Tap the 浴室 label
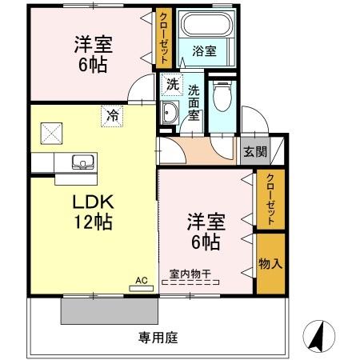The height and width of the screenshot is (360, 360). tap(204, 51)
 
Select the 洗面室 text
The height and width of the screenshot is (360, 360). tap(194, 102)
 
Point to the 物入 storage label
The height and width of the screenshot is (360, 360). tap(270, 263)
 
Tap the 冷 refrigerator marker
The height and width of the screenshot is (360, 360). tap(112, 117)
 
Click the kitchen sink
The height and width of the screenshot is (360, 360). tap(82, 162)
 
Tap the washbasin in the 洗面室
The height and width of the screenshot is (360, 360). tap(169, 113)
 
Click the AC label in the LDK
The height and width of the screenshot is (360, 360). tap(142, 281)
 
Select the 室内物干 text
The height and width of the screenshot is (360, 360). tap(189, 274)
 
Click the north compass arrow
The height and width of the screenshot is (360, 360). tap(318, 335)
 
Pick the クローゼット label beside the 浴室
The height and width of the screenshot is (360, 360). tap(163, 38)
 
